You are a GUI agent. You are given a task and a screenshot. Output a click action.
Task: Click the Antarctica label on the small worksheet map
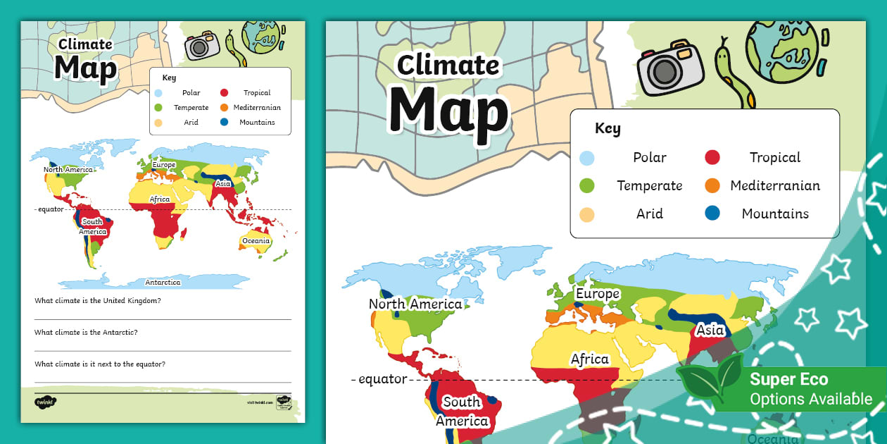pyautogui.click(x=163, y=283)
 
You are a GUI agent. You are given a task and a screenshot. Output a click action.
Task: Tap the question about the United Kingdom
pyautogui.click(x=98, y=301)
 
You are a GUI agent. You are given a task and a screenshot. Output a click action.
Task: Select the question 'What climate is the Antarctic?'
pyautogui.click(x=85, y=332)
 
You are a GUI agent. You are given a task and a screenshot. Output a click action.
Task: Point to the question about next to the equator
pyautogui.click(x=100, y=364)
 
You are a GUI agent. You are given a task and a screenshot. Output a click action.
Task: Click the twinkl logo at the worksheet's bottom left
pyautogui.click(x=45, y=402)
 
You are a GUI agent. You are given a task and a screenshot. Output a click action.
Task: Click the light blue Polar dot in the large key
pyautogui.click(x=586, y=158)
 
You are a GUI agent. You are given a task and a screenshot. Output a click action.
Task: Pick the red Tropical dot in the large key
pyautogui.click(x=712, y=158)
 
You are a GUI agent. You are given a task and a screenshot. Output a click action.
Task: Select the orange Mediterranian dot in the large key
pyautogui.click(x=712, y=186)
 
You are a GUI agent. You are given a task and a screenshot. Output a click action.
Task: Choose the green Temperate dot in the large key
pyautogui.click(x=586, y=186)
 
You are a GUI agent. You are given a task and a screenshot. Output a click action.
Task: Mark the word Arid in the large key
pyautogui.click(x=649, y=214)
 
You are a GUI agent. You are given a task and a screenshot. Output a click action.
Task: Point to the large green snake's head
pyautogui.click(x=723, y=56)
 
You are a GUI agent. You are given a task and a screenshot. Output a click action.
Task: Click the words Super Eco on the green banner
pyautogui.click(x=788, y=379)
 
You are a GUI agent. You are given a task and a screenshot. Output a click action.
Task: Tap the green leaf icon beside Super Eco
pyautogui.click(x=710, y=381)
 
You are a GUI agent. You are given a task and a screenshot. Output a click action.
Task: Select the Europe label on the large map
pyautogui.click(x=598, y=294)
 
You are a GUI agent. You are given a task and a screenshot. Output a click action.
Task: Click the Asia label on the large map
pyautogui.click(x=710, y=330)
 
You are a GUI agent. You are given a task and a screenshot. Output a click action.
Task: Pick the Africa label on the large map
pyautogui.click(x=589, y=359)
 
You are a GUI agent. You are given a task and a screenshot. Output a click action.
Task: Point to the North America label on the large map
pyautogui.click(x=415, y=304)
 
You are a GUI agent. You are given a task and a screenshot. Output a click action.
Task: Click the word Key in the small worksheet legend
pyautogui.click(x=169, y=78)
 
